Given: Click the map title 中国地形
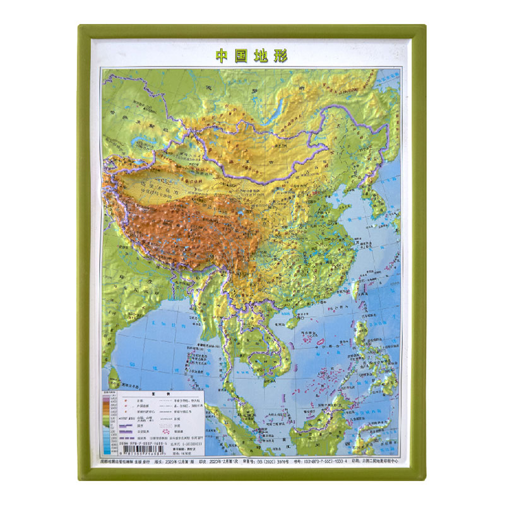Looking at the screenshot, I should tap(252, 56).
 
